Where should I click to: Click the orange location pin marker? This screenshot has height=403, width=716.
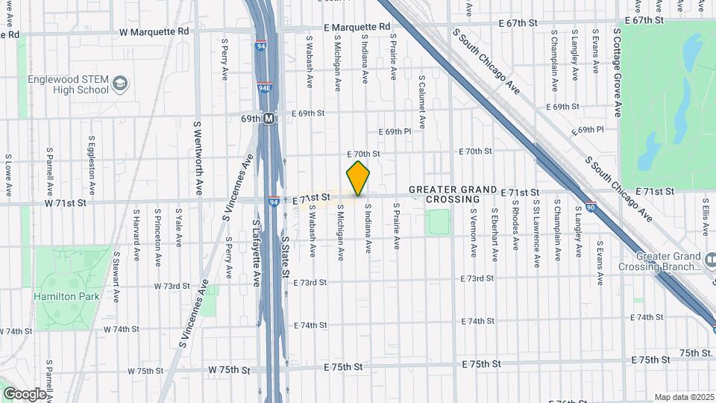point(359,178)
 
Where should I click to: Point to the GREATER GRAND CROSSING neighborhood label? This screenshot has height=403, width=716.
point(453,195)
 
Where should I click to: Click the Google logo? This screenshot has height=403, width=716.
point(25,393)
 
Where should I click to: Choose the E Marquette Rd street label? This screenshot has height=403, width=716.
point(357,27)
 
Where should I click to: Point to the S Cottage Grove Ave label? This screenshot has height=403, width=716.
point(618,73)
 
